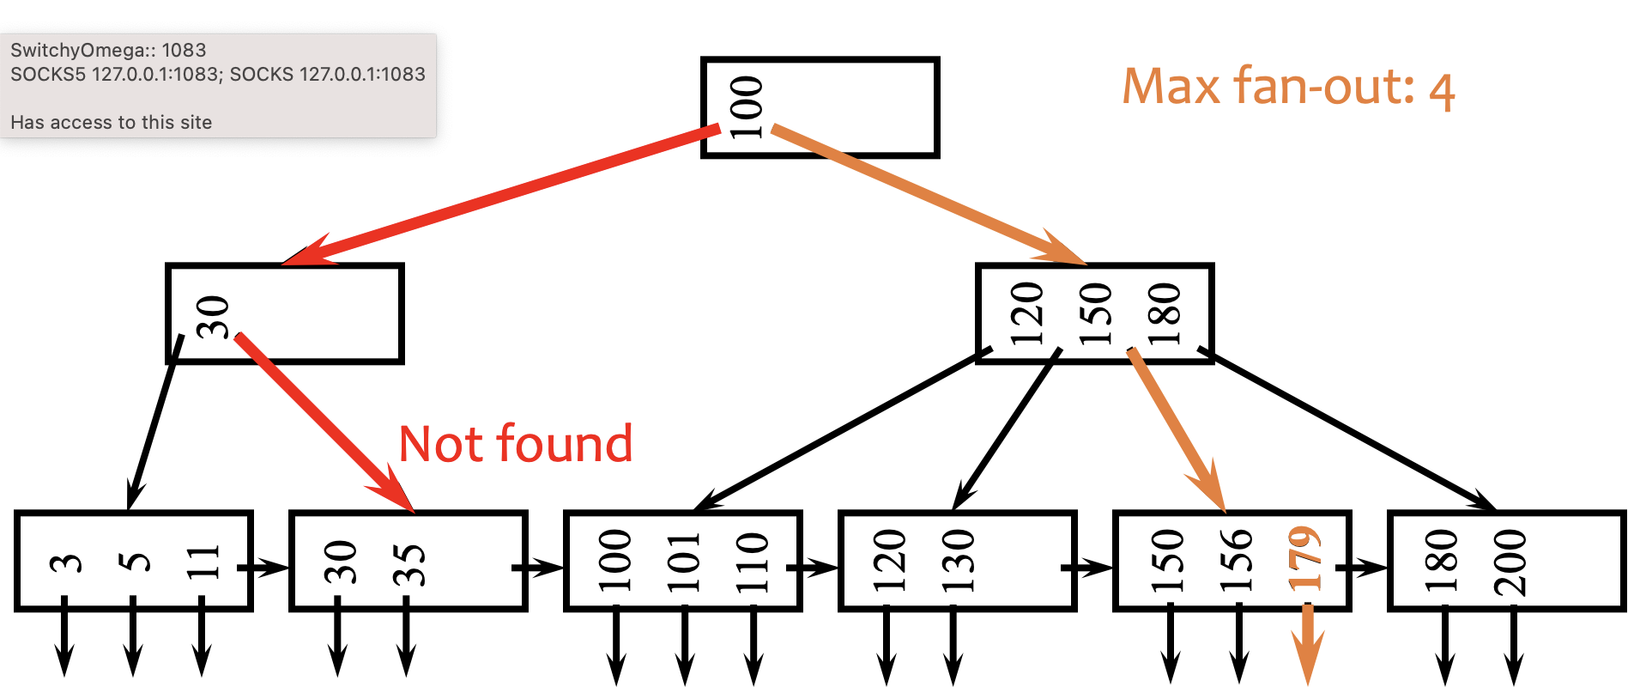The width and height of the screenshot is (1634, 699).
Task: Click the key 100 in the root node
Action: click(746, 107)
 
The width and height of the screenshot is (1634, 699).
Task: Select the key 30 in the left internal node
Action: click(212, 317)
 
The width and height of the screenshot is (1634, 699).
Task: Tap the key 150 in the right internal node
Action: click(1095, 314)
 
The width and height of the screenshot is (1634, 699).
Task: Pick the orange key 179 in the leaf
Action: click(1304, 559)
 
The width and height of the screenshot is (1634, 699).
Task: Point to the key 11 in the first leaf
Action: click(203, 562)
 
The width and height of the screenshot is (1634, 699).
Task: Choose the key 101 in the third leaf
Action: click(684, 562)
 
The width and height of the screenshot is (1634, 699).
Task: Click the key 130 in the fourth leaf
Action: click(958, 562)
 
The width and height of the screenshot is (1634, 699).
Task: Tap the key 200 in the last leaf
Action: click(1510, 562)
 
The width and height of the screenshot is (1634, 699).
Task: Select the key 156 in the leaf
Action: click(1236, 562)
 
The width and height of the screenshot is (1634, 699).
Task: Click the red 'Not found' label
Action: click(516, 444)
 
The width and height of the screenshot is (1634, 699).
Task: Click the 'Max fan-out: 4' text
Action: click(1287, 88)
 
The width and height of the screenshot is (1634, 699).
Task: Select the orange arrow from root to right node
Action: click(927, 195)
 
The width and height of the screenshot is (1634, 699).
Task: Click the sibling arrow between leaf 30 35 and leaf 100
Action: click(539, 568)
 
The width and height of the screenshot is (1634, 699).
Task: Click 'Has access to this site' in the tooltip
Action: click(112, 122)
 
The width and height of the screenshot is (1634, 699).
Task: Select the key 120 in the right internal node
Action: click(1026, 314)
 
